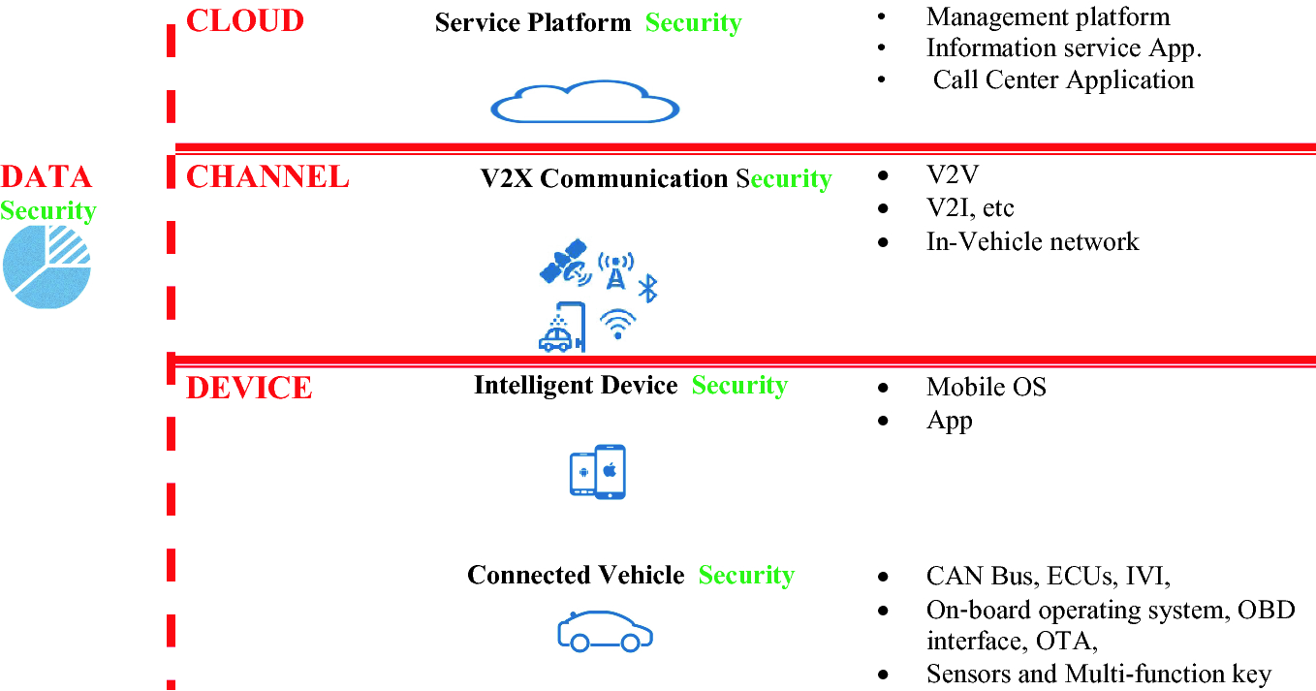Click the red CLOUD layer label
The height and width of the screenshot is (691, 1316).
point(244,20)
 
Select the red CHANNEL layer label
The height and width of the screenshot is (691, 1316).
point(266,176)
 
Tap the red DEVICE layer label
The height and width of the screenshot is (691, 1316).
point(248,388)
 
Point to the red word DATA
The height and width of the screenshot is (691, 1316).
point(46,176)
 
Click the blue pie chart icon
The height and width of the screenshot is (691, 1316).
point(47,267)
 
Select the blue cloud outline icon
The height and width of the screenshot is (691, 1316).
point(584,102)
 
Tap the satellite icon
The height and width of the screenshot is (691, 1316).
point(565,264)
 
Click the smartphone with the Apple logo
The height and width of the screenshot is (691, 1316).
point(610,472)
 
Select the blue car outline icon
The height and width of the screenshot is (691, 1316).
point(605,631)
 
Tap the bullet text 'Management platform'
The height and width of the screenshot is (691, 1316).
point(1048,16)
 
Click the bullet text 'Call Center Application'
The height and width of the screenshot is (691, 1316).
point(1063,79)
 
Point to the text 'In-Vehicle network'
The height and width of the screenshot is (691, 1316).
point(1032,240)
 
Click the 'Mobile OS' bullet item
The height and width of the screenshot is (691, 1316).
point(986,387)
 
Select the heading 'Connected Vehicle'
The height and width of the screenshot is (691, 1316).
point(576,575)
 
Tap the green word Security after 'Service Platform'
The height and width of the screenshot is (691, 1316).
point(693,23)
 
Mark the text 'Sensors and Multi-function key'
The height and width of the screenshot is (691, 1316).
point(1098,674)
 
